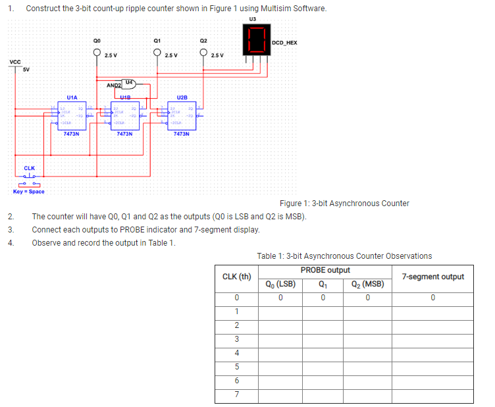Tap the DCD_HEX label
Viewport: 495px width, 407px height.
point(284,43)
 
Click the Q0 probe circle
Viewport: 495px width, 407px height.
point(97,53)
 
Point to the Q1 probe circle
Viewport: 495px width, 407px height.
point(157,53)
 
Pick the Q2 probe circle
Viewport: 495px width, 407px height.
point(203,53)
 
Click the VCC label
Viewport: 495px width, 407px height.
point(14,62)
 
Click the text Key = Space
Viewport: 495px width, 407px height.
point(29,192)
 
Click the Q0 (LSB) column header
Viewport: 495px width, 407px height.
point(280,285)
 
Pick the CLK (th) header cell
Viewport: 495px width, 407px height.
point(237,277)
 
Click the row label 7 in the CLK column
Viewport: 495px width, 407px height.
point(236,395)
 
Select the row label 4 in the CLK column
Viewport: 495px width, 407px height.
point(236,353)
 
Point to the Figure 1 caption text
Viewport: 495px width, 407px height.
point(344,203)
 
